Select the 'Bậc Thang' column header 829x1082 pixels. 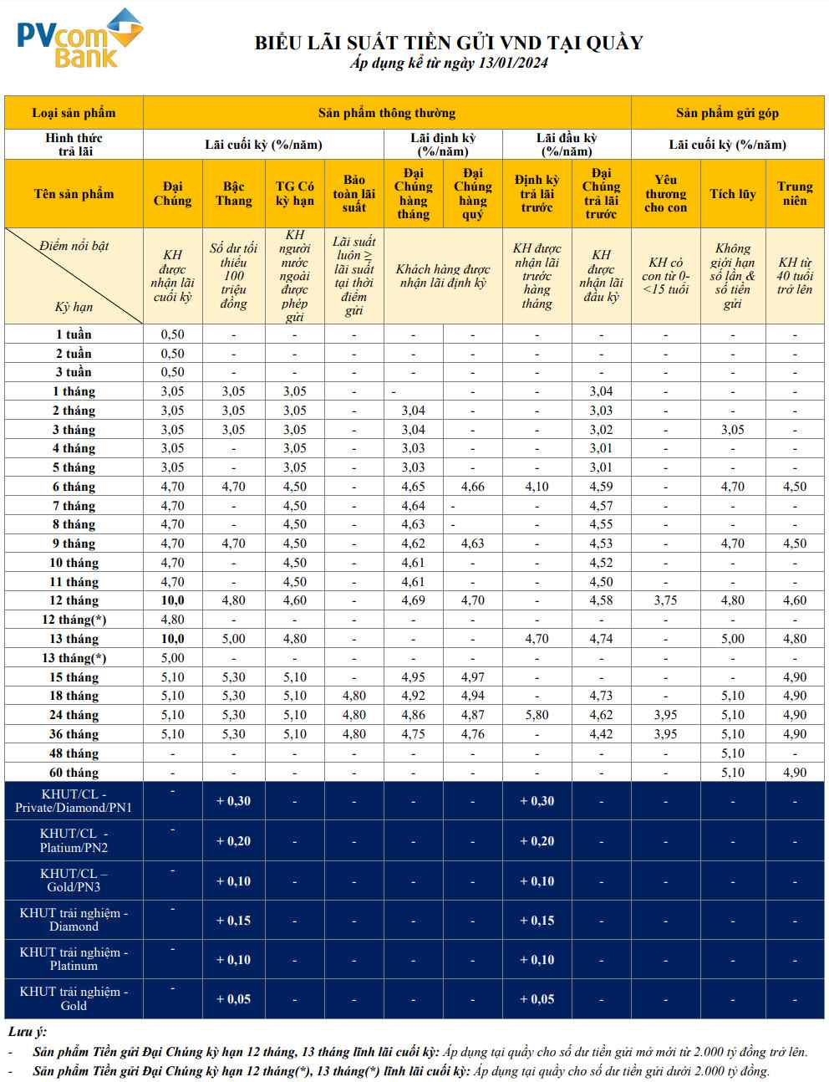233,193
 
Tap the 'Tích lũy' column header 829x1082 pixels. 732,193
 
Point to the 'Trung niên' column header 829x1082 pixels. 795,193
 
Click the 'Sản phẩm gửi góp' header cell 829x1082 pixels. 727,113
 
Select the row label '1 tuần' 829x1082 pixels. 74,334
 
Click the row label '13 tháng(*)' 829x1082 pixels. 74,657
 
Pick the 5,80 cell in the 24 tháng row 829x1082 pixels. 537,715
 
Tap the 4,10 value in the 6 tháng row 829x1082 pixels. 537,487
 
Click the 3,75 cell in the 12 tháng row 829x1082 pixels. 665,600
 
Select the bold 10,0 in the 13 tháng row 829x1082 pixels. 172,639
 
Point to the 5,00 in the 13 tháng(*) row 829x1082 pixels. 172,657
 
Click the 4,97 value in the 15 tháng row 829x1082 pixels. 472,676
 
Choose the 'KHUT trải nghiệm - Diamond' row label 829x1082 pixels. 74,920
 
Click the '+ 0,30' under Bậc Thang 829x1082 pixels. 233,801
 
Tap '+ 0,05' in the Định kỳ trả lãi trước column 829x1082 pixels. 537,999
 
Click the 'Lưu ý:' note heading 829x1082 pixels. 27,1032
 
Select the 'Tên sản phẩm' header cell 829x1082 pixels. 74,193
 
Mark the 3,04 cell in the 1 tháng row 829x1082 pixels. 600,391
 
